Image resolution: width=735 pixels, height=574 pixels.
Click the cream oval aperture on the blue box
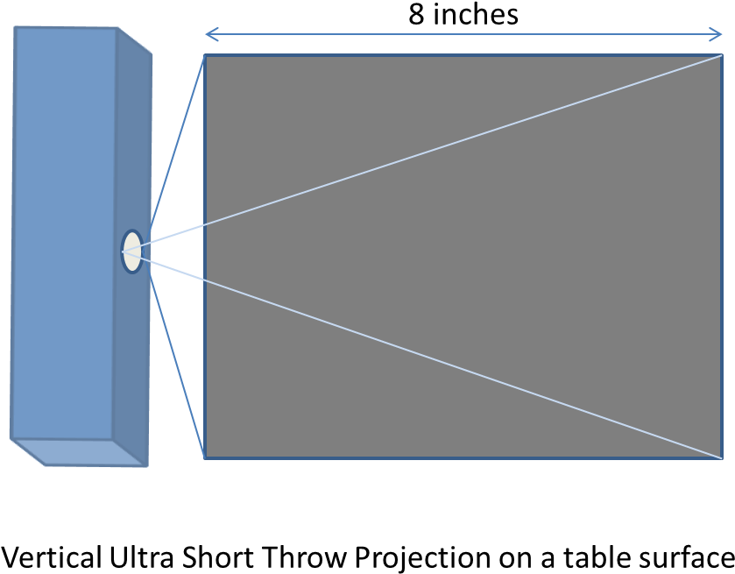coord(132,252)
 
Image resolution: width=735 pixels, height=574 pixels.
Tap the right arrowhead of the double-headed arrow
coord(721,34)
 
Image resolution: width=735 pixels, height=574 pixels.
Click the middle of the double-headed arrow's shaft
coord(464,34)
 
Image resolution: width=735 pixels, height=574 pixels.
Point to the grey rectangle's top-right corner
coord(722,55)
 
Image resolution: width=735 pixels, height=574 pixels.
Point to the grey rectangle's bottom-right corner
coord(722,457)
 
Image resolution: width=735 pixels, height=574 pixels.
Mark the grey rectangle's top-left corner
coord(205,56)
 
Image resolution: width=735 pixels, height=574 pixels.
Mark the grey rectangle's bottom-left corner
coord(205,457)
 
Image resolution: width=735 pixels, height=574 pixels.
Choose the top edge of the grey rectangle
coord(464,55)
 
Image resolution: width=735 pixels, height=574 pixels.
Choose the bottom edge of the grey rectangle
coord(464,457)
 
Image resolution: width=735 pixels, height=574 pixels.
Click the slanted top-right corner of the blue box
coord(136,39)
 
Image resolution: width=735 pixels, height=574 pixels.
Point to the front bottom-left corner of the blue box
coord(11,437)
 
